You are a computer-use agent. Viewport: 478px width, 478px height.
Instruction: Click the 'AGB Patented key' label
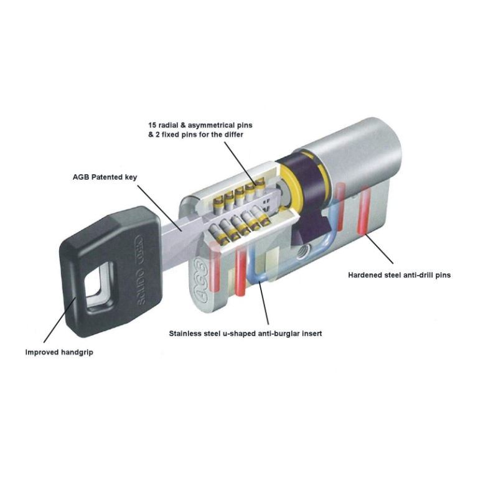(105, 177)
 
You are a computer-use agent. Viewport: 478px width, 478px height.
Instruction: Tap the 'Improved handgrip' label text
(59, 352)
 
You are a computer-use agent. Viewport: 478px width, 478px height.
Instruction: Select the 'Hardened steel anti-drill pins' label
(400, 275)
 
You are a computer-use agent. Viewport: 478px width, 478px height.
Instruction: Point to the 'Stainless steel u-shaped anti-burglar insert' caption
(245, 334)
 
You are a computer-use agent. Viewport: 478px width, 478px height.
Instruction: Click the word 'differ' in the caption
(234, 134)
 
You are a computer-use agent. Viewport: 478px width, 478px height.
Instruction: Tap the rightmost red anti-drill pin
(363, 211)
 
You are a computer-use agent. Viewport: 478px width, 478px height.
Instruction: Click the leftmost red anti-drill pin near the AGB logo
(215, 266)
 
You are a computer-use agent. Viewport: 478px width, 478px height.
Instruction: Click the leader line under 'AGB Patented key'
(159, 207)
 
